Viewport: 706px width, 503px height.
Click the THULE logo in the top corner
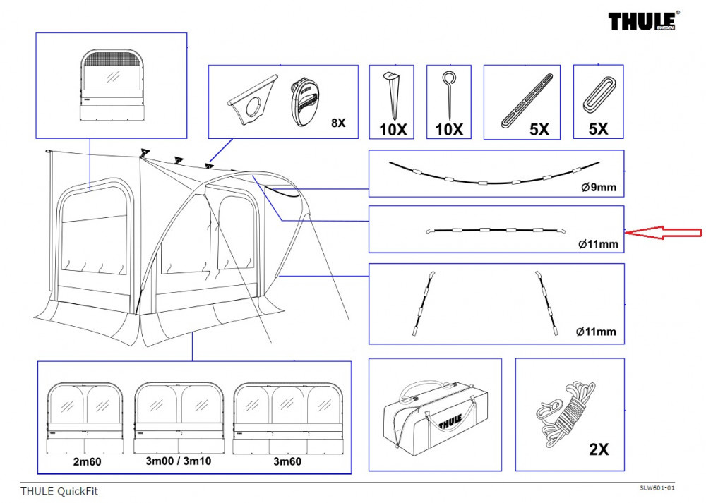[x=644, y=22]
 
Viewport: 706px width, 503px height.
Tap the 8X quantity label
[x=338, y=122]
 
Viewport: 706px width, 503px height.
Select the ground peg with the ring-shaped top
[x=448, y=95]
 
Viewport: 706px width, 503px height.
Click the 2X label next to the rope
[x=598, y=449]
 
